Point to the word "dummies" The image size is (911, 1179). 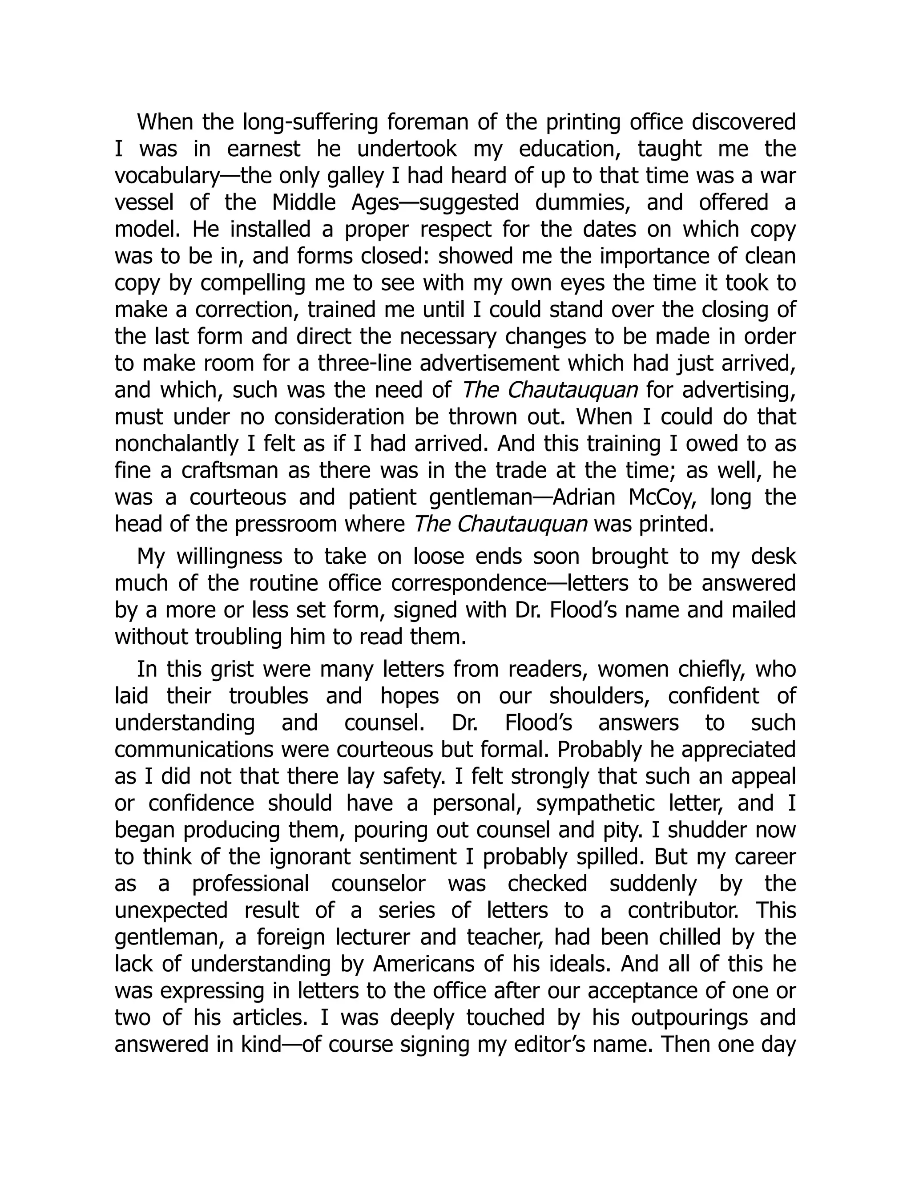point(583,203)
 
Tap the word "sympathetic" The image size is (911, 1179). point(595,803)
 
